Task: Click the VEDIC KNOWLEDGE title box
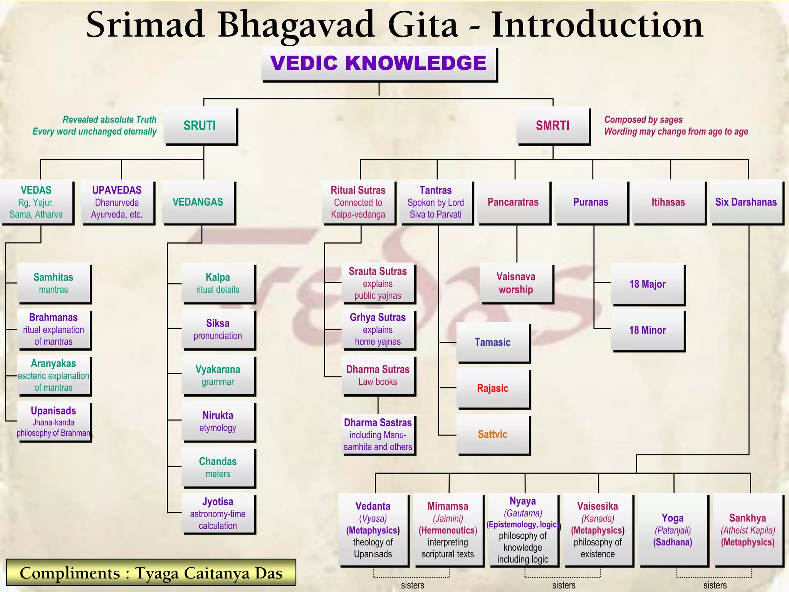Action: (379, 64)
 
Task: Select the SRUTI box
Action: (200, 126)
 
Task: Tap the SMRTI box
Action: (553, 126)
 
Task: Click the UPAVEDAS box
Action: (117, 202)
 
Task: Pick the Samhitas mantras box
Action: (54, 283)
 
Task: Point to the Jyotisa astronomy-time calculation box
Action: (218, 513)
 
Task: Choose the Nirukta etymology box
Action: (218, 421)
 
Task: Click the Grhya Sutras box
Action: (378, 330)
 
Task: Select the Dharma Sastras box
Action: (378, 435)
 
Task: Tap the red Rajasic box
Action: (493, 388)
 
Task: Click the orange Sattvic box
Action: (493, 434)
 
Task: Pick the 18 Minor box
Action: (648, 330)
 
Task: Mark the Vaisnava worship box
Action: (516, 283)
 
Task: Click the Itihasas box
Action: (668, 202)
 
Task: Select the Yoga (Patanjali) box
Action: (673, 530)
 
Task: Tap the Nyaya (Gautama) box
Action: (523, 530)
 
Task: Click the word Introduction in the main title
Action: (598, 25)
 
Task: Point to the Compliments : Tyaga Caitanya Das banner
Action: (151, 573)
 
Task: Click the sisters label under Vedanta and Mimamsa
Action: (413, 585)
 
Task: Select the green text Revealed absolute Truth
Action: (110, 119)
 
